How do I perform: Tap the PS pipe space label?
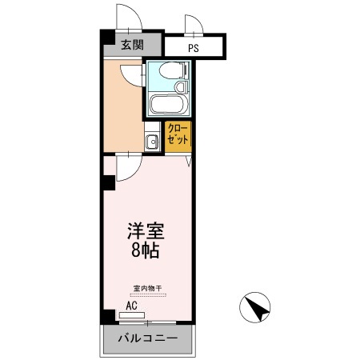[194, 48]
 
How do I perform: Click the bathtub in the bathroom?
[168, 105]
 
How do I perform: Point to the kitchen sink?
[151, 142]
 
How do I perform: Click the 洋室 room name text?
[146, 231]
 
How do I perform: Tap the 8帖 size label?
[146, 251]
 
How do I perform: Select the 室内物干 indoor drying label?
[147, 288]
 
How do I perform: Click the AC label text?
[132, 305]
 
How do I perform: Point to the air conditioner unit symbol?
[131, 316]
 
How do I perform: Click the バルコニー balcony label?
[147, 339]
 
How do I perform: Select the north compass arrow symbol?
[255, 306]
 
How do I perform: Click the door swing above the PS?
[196, 25]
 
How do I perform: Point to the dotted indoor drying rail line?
[147, 294]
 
